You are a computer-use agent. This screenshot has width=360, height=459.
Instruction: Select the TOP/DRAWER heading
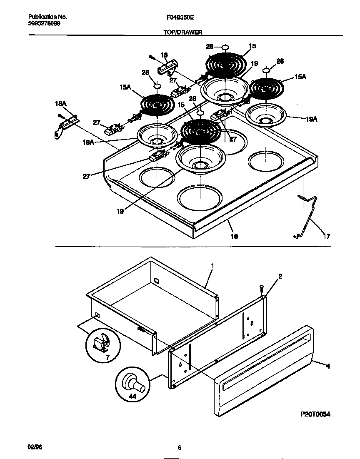tap(180, 32)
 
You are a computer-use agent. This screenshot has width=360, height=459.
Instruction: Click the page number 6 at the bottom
tap(179, 448)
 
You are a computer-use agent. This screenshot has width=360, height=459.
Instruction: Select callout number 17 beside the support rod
tap(326, 236)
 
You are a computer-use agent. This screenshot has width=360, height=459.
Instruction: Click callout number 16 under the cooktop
tap(234, 236)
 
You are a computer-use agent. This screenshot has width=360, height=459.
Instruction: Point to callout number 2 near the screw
tap(280, 276)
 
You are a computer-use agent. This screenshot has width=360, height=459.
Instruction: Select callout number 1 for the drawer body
tap(212, 265)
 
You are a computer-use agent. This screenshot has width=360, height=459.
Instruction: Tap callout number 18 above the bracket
tap(164, 55)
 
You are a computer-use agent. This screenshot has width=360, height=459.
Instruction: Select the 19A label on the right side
tap(312, 119)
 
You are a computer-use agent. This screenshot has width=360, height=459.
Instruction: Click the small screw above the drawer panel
tap(261, 288)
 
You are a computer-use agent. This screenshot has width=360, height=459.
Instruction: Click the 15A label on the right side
tap(300, 77)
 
